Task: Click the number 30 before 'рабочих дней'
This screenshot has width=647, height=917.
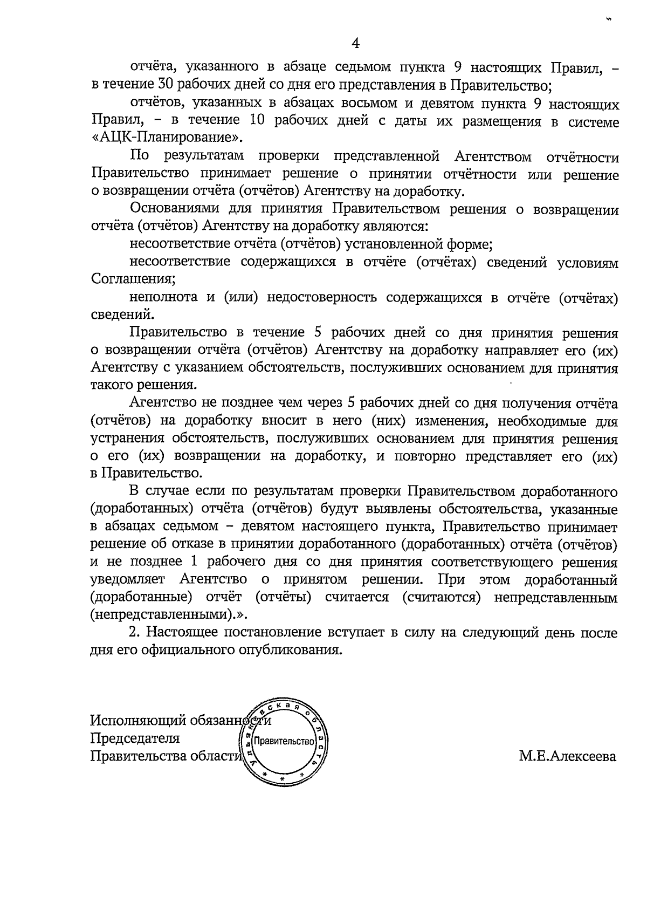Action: (x=164, y=85)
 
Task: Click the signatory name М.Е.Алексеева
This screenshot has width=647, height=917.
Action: (x=567, y=756)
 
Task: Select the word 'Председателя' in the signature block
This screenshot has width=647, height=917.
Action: (x=135, y=738)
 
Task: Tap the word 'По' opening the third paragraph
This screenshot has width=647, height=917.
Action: (x=139, y=156)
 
